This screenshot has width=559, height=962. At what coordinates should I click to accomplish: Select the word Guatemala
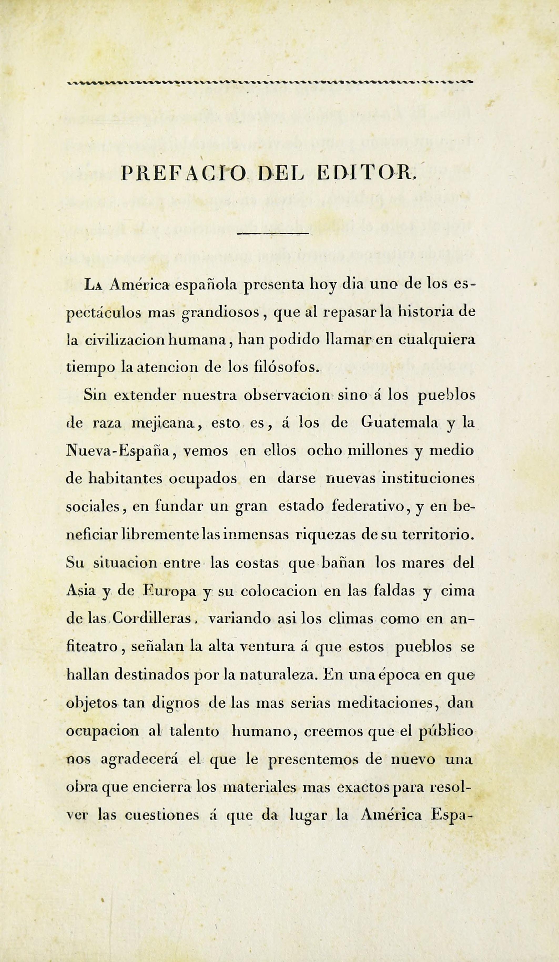coord(399,423)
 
